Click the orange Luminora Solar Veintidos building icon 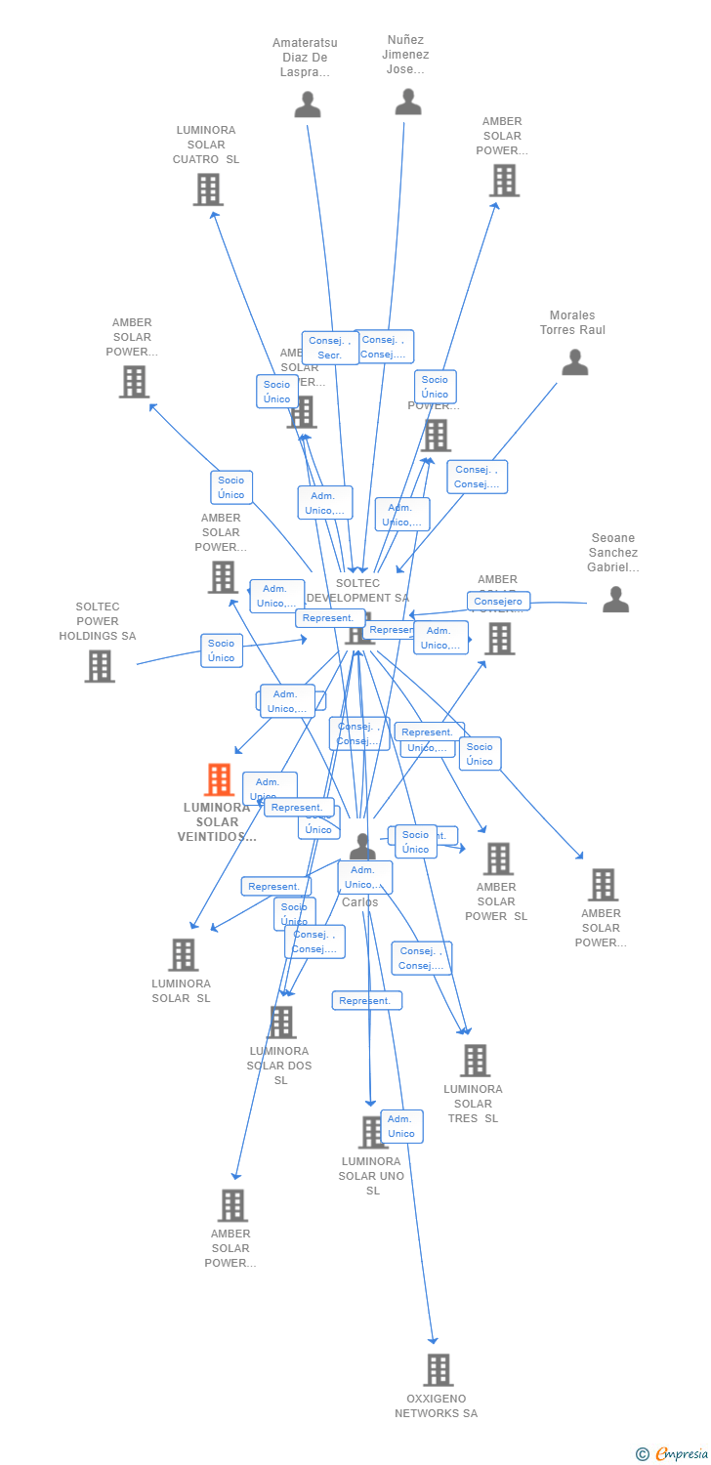[x=219, y=779]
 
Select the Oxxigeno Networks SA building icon [x=439, y=1370]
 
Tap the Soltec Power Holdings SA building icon [x=99, y=666]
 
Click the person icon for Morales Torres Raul [x=575, y=362]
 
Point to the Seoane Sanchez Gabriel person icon [x=615, y=600]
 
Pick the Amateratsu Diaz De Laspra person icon [x=308, y=105]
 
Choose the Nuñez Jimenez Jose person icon [x=407, y=102]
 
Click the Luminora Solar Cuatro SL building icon [x=208, y=189]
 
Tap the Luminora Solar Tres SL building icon [x=476, y=1061]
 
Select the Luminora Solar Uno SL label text [x=371, y=1176]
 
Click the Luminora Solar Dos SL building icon [x=282, y=1023]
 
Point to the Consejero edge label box [x=498, y=602]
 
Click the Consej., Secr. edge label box [x=330, y=348]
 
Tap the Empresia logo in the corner [x=673, y=1454]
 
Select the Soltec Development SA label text [x=357, y=591]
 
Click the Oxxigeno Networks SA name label [x=436, y=1406]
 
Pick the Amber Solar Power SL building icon [x=498, y=859]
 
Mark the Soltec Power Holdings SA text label [x=98, y=621]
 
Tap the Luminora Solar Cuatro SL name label [x=206, y=145]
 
